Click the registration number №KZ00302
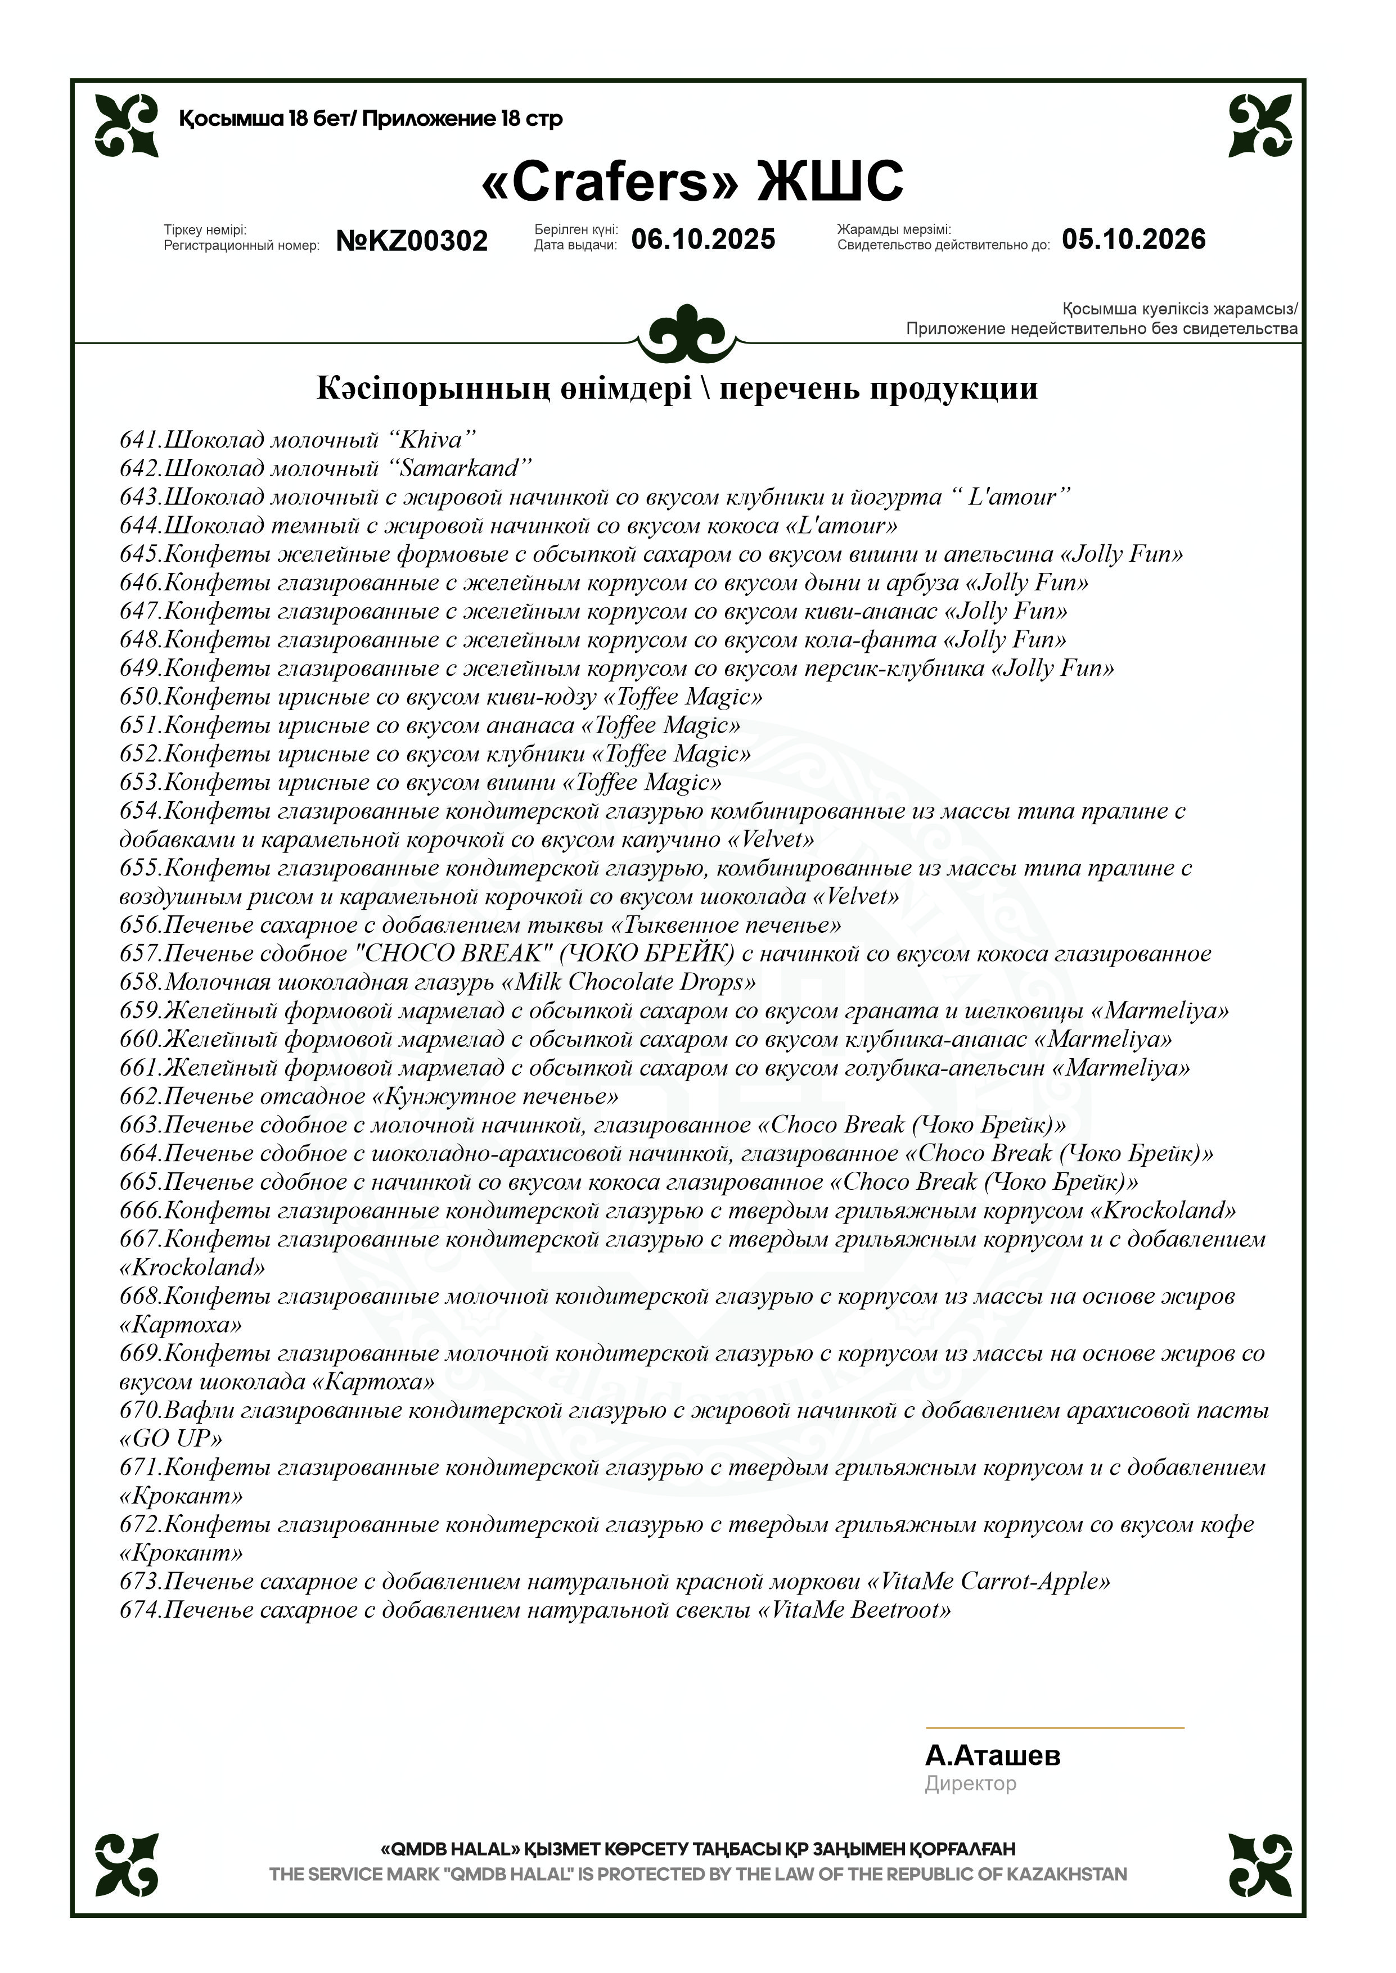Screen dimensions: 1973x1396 pos(412,241)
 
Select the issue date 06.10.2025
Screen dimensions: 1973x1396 pos(703,239)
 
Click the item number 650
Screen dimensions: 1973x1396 pos(139,697)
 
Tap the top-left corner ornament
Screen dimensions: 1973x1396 pos(127,125)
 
